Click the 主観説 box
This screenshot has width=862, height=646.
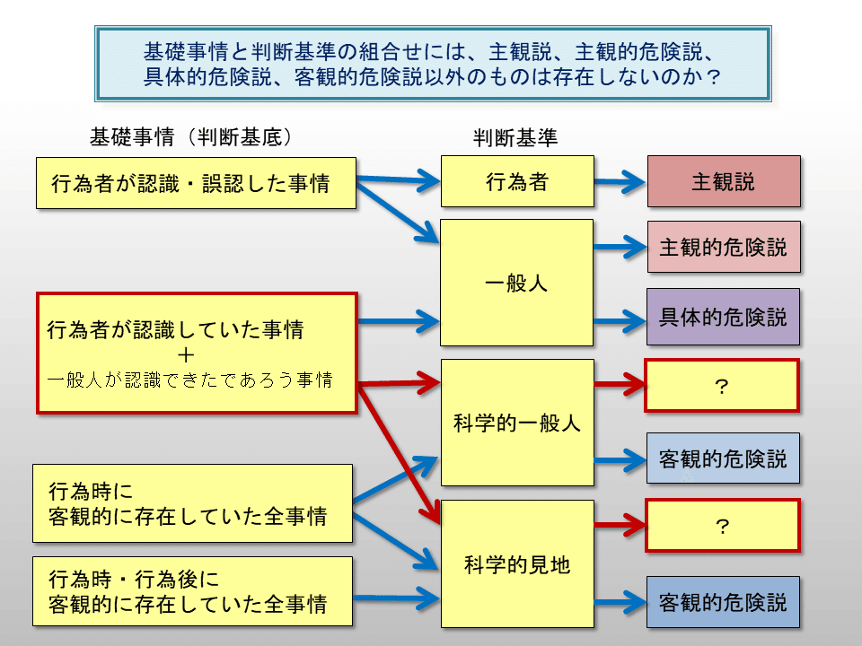[x=723, y=182]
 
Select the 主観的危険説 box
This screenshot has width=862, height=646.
[x=723, y=247]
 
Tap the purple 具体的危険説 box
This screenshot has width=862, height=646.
[x=723, y=317]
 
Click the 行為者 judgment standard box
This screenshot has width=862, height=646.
[x=516, y=182]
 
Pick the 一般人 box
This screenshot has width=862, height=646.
[x=516, y=283]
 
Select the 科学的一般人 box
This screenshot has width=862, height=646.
[x=516, y=423]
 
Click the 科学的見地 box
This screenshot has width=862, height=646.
[x=516, y=564]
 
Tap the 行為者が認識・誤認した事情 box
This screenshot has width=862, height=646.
[x=196, y=184]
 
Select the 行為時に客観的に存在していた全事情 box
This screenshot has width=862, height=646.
[x=192, y=503]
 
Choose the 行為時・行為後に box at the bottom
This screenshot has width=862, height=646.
[x=192, y=590]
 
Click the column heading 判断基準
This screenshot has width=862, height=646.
[x=515, y=138]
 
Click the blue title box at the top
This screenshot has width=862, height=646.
[x=432, y=63]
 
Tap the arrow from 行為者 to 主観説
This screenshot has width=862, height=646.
[x=620, y=182]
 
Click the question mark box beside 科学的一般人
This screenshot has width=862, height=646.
[x=721, y=386]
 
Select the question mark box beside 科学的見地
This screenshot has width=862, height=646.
[x=721, y=526]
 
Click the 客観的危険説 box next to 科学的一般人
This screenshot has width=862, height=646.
[x=723, y=458]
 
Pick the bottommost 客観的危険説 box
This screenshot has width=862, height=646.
[x=723, y=600]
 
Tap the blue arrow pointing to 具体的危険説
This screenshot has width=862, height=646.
[x=620, y=317]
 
